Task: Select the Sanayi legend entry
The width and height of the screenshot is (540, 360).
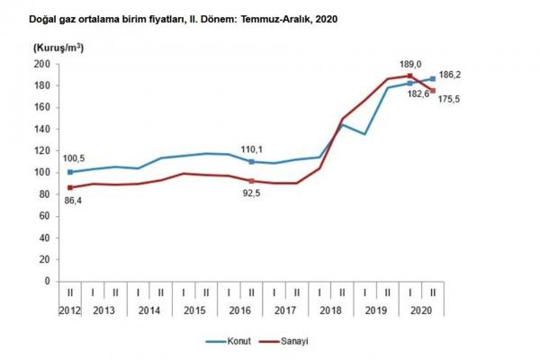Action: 293,342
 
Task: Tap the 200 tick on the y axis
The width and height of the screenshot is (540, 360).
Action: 40,64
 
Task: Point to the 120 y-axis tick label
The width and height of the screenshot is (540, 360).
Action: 40,150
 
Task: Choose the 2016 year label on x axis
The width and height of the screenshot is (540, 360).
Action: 239,309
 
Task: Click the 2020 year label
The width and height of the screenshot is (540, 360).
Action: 422,309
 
